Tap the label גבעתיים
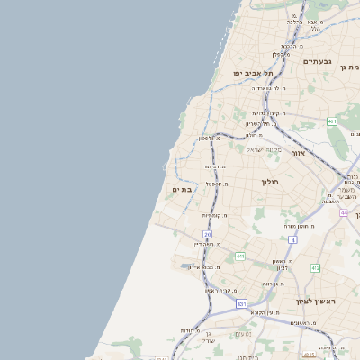point(318,61)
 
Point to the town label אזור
point(298,153)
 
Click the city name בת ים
point(183,189)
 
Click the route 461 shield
point(332,121)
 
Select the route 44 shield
point(344,212)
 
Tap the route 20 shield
point(207,234)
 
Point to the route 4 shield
point(292,240)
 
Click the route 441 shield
point(240,256)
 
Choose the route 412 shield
point(315,268)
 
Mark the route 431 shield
point(241,304)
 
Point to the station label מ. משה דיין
point(210,243)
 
